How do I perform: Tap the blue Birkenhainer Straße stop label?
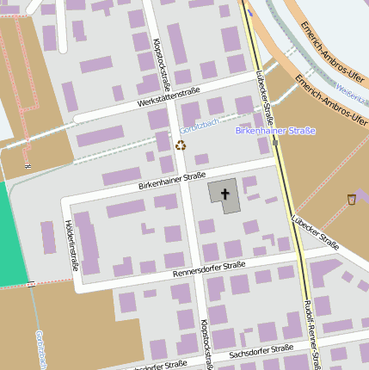click(275, 130)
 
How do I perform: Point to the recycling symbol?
click(181, 145)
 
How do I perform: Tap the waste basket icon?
click(352, 200)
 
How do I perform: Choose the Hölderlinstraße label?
click(71, 245)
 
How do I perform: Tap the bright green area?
click(13, 232)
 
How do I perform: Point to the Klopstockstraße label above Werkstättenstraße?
click(161, 65)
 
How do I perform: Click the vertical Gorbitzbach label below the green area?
click(40, 348)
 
